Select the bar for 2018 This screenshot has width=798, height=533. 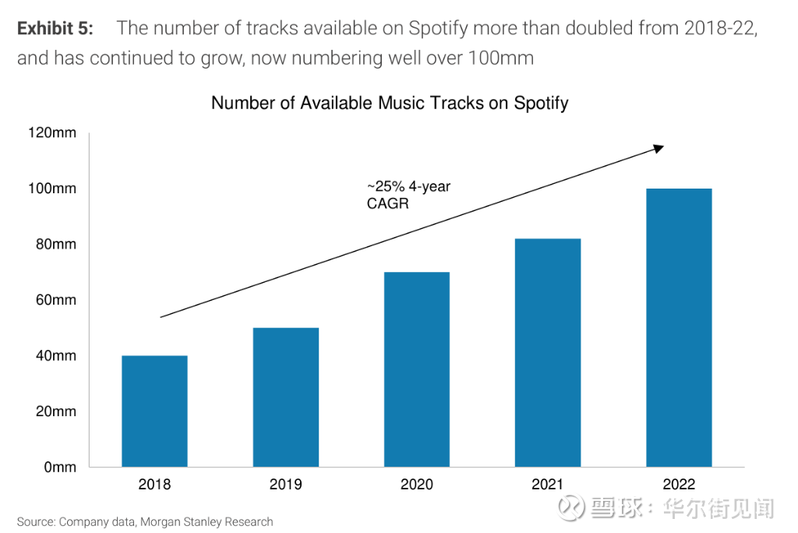click(154, 411)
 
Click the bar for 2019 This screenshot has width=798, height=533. click(285, 397)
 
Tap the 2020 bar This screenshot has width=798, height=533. click(417, 369)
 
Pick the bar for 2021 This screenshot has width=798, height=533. click(548, 353)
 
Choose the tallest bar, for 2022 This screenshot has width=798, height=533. click(679, 328)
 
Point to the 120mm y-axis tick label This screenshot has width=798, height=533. click(52, 132)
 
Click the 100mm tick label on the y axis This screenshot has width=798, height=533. click(52, 189)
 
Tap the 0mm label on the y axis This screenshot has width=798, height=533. click(59, 468)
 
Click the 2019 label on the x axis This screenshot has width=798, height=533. click(285, 485)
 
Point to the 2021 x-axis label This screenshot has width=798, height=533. click(548, 485)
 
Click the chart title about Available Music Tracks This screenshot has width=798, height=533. click(390, 103)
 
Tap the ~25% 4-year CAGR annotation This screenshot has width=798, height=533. click(398, 195)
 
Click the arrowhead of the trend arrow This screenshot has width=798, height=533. click(659, 148)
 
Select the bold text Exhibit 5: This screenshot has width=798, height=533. click(55, 29)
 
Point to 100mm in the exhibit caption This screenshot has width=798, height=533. click(499, 58)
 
